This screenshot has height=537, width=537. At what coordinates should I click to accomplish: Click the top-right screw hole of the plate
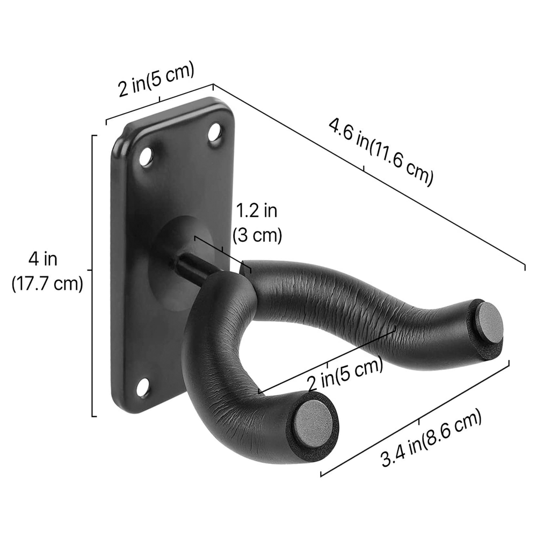[x=214, y=132]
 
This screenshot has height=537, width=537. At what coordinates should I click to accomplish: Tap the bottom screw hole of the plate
[x=142, y=388]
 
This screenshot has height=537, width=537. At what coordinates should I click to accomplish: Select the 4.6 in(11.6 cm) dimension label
[x=380, y=152]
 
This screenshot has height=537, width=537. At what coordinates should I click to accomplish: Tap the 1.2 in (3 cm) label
[x=257, y=223]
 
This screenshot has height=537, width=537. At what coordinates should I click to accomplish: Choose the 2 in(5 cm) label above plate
[x=155, y=79]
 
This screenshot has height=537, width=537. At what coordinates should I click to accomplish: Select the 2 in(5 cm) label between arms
[x=344, y=376]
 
